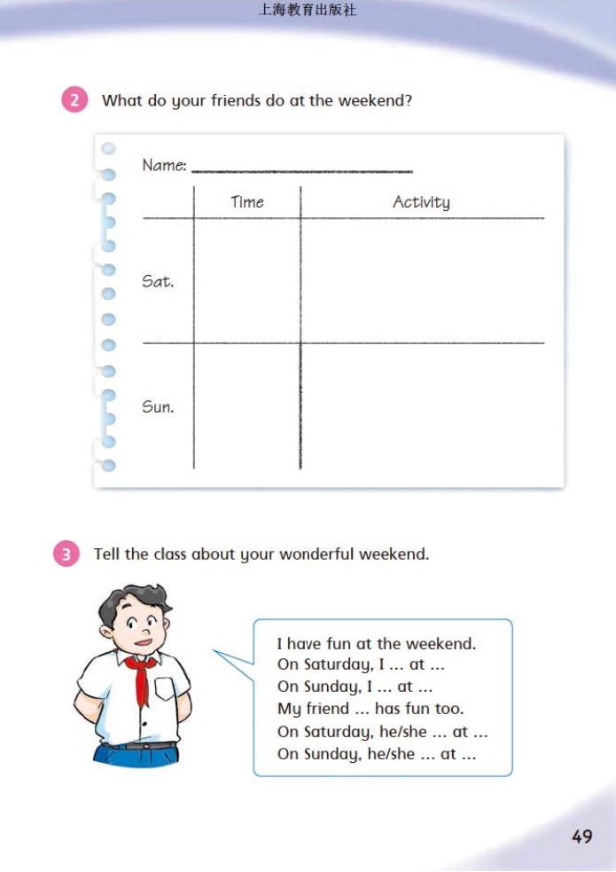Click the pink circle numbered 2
click(x=74, y=100)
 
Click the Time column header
click(x=247, y=202)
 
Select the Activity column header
click(x=421, y=202)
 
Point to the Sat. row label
click(x=158, y=282)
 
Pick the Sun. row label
click(x=158, y=407)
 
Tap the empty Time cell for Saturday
click(x=247, y=280)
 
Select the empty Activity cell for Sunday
click(x=422, y=405)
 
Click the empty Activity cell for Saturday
click(x=422, y=280)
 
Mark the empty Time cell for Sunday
click(x=247, y=405)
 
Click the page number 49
click(x=581, y=836)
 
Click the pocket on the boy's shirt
click(x=165, y=689)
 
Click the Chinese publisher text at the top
click(x=308, y=11)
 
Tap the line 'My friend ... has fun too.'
click(x=370, y=709)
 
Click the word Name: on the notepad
click(x=164, y=166)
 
